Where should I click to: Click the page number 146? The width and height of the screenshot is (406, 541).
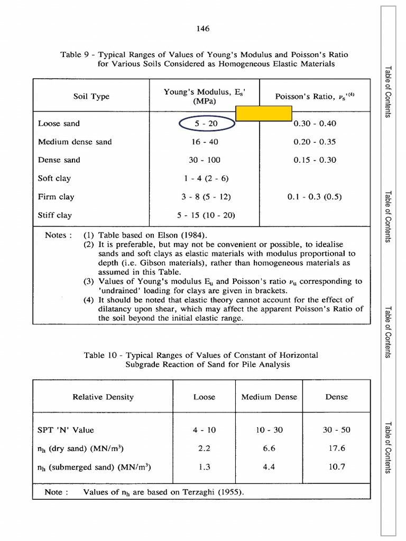tap(203, 29)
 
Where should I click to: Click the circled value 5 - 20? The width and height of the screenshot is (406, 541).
tap(206, 124)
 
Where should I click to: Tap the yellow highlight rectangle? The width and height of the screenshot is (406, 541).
tap(264, 113)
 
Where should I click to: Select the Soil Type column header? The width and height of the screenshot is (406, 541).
tap(91, 97)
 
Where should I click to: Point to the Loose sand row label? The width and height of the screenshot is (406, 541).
tap(59, 124)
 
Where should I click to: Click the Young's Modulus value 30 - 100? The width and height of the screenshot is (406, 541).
tap(205, 160)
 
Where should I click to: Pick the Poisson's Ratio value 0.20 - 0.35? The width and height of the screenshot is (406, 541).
tap(315, 142)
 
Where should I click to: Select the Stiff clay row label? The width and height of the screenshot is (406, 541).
tap(55, 215)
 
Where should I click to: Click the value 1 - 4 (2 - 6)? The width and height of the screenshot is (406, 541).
tap(205, 179)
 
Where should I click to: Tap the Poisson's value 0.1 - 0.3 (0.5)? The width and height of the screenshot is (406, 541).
tap(315, 197)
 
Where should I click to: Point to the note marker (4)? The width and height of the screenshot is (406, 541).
tap(89, 300)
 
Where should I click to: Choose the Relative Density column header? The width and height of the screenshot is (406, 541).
tap(103, 397)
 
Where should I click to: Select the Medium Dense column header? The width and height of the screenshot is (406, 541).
tap(269, 397)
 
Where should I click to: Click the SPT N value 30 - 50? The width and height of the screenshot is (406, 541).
tap(336, 430)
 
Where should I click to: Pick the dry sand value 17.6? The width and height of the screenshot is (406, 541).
tap(336, 448)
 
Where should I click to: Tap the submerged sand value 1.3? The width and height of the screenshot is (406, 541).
tap(205, 467)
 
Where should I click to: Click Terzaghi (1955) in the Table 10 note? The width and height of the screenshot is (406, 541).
tap(216, 492)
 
